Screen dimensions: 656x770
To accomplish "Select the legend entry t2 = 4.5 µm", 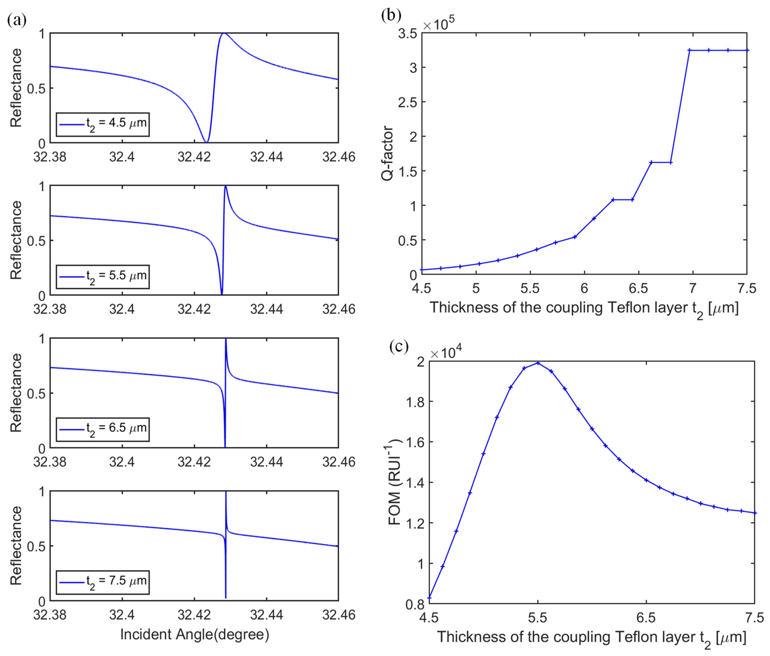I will (103, 124).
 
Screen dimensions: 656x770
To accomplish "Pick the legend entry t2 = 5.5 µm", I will (103, 277).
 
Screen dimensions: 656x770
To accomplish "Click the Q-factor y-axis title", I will (387, 153).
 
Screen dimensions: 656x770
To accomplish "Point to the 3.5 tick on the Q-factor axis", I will (407, 34).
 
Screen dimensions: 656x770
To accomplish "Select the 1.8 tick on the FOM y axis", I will (415, 401).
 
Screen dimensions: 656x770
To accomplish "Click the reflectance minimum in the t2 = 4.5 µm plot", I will (207, 142).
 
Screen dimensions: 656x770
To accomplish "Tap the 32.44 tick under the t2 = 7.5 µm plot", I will (267, 615).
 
